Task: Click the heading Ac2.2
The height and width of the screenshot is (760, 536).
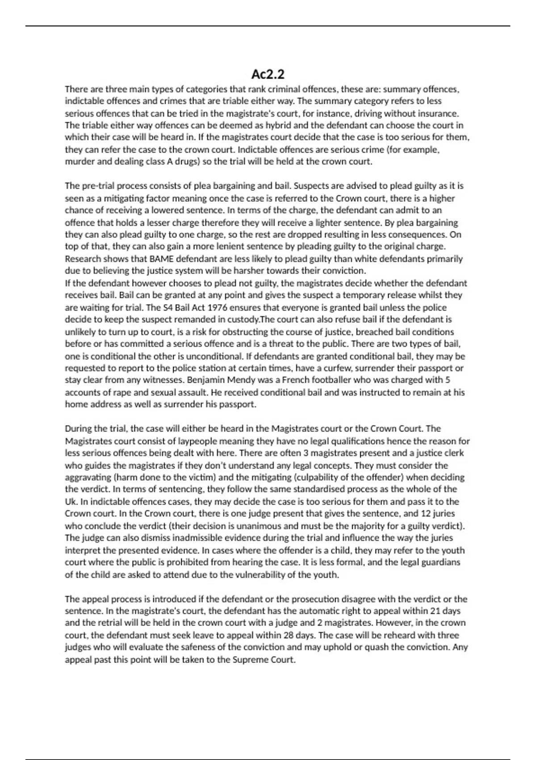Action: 268,74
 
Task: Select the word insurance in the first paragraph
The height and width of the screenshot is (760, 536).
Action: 440,114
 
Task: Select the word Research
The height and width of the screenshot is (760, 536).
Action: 83,259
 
